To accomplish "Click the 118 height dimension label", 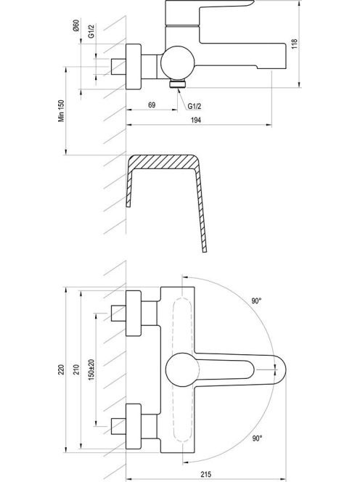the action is pos(295,44).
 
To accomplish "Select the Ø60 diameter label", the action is pos(76,25).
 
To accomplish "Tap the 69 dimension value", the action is pos(152,105).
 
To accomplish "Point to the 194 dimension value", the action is pos(196,120).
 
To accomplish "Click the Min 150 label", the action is pos(62,110).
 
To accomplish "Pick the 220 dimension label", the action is pos(62,369).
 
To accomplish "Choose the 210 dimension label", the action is pos(76,369).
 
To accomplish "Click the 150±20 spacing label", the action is pos(91,369).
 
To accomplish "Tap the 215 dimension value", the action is pos(206,474).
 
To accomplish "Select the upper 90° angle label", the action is pos(256,301).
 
